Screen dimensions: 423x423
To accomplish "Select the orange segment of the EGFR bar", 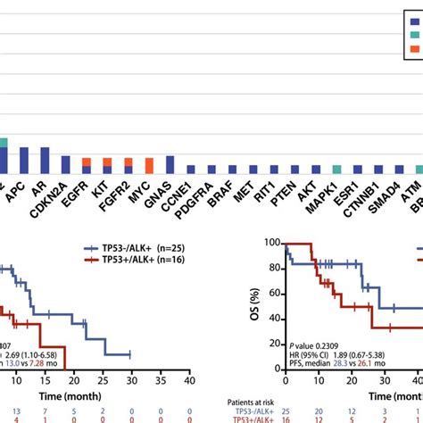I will pyautogui.click(x=87, y=162).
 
